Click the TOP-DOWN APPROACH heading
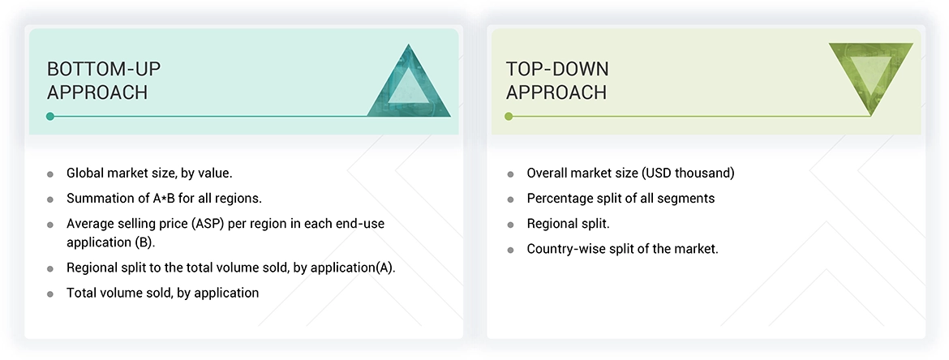[557, 80]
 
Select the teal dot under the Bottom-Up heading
[50, 117]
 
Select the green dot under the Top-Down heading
[509, 117]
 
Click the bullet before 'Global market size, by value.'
[50, 174]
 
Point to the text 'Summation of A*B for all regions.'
[164, 199]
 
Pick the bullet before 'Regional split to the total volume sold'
[50, 268]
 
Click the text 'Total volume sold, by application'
[162, 293]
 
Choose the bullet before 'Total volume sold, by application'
[50, 294]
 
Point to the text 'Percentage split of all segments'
[620, 198]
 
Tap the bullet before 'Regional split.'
[510, 225]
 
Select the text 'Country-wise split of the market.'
[622, 249]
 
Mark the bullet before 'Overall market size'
[510, 174]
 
